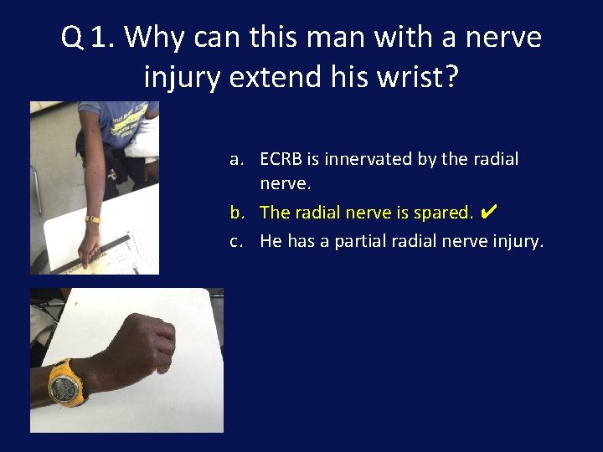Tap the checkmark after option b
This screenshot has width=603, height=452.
tap(490, 212)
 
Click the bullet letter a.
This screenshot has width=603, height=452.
tap(238, 159)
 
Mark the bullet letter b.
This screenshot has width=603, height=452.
tap(238, 213)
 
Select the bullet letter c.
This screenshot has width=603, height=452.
tap(238, 242)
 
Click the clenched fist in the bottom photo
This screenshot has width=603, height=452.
tap(142, 343)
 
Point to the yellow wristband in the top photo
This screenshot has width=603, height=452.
tap(92, 220)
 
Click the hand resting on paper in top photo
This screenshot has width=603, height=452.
tap(90, 248)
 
